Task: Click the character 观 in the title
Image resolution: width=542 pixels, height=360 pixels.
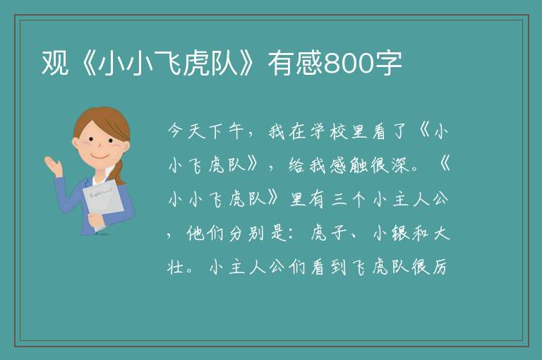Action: (54, 63)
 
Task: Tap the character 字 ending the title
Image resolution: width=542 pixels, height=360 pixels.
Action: (389, 63)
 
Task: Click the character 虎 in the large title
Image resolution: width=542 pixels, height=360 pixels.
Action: (195, 63)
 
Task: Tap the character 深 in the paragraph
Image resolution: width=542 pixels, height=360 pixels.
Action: (400, 165)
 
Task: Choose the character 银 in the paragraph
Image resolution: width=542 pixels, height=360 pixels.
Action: (400, 234)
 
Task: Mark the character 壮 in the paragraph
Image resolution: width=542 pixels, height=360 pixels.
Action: (175, 267)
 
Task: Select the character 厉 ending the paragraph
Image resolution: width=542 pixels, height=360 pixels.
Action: (439, 267)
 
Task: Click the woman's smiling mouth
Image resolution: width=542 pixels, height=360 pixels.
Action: (100, 156)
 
